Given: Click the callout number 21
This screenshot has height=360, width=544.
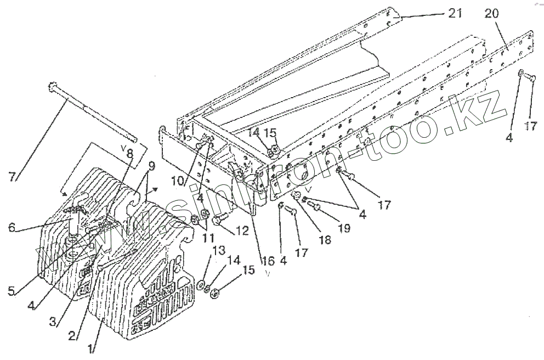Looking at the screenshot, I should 455,13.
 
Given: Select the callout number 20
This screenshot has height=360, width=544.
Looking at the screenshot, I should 491,14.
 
